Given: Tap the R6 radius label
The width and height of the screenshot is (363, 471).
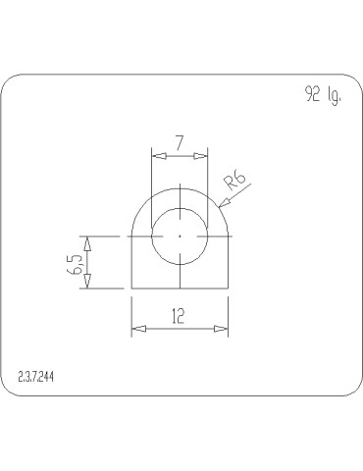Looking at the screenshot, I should tap(235, 182).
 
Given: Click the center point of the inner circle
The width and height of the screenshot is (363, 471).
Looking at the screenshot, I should tap(180, 236).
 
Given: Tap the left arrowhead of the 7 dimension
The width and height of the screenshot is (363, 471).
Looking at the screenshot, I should tap(155, 155).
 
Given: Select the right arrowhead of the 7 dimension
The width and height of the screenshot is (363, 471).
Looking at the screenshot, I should tap(203, 155).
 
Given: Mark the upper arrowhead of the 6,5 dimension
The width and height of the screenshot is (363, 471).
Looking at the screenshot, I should tap(88, 241).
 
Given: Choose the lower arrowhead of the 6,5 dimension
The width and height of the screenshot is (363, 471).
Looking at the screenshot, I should tap(88, 283).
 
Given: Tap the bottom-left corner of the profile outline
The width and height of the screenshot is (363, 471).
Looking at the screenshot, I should tap(131, 288).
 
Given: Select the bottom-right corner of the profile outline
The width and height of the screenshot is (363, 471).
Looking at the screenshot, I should tap(229, 288).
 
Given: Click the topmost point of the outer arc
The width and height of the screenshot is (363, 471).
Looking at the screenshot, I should tap(180, 188).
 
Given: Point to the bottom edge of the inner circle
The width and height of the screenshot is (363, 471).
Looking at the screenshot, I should tap(180, 266).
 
